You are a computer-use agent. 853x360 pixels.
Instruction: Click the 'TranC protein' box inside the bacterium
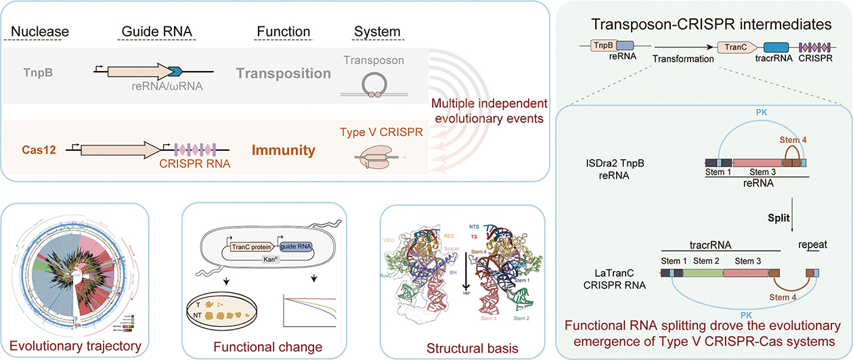tap(244, 248)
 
